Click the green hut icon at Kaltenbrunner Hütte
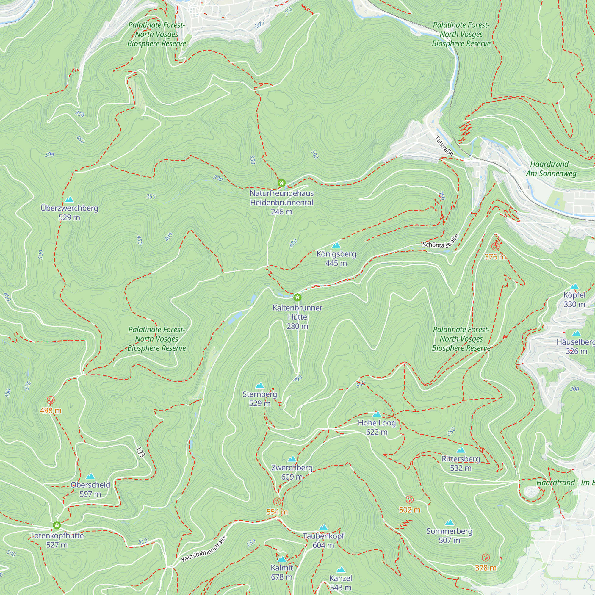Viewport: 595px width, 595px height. pyautogui.click(x=297, y=297)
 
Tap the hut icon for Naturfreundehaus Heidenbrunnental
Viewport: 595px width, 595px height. pyautogui.click(x=281, y=183)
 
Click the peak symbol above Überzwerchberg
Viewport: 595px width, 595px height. pyautogui.click(x=69, y=200)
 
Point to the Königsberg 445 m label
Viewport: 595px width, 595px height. pyautogui.click(x=336, y=259)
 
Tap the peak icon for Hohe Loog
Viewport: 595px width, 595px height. pyautogui.click(x=377, y=414)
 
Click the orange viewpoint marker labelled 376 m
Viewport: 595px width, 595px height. pyautogui.click(x=495, y=246)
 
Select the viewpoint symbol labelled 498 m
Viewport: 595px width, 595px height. pyautogui.click(x=51, y=400)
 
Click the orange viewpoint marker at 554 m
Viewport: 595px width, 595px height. pyautogui.click(x=277, y=502)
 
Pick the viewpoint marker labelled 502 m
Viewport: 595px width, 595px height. pyautogui.click(x=409, y=499)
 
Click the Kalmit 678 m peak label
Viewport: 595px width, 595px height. pyautogui.click(x=281, y=572)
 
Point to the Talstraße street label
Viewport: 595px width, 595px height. pyautogui.click(x=444, y=146)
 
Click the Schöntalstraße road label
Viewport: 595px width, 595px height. pyautogui.click(x=441, y=242)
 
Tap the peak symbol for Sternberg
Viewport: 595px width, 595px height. pyautogui.click(x=260, y=386)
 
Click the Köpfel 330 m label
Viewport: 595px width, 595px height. pyautogui.click(x=574, y=299)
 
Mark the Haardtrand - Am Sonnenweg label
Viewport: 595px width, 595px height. pyautogui.click(x=551, y=169)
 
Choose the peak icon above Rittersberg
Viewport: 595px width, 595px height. pyautogui.click(x=461, y=450)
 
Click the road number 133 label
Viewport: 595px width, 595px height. pyautogui.click(x=140, y=452)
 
